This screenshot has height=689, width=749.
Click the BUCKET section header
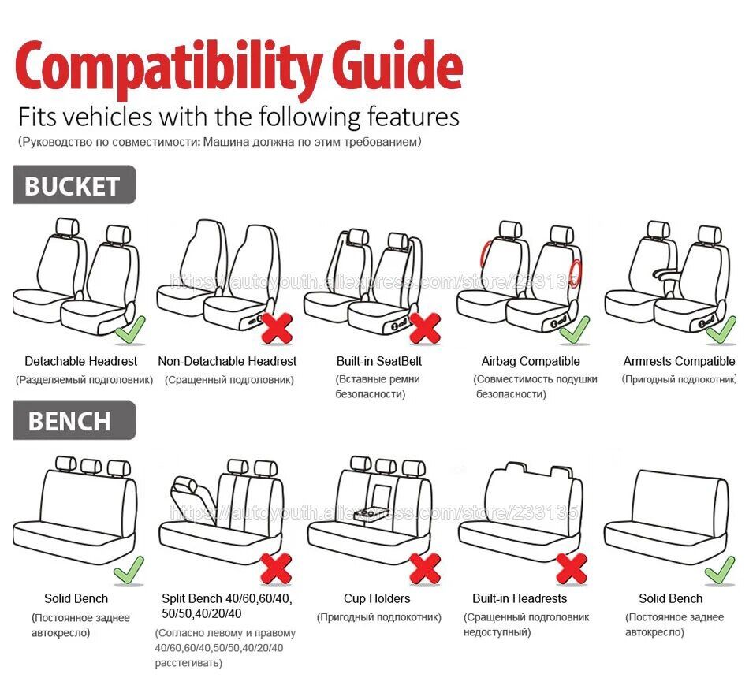coord(73,185)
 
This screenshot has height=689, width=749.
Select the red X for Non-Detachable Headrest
coord(277,328)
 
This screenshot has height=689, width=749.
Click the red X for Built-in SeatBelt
coord(425,328)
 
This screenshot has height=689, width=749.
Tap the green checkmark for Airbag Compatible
coord(575,329)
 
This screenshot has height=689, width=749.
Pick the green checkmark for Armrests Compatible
coord(721,329)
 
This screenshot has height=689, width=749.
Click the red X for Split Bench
coord(277,568)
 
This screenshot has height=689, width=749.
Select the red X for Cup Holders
coord(425,568)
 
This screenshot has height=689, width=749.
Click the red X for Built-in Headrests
coord(572,568)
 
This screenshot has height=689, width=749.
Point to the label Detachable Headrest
coord(80,361)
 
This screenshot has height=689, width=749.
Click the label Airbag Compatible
coord(531,361)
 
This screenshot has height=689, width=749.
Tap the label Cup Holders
coord(377,598)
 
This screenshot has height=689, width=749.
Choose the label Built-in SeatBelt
coord(379,361)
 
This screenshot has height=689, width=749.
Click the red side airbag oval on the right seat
coord(576,272)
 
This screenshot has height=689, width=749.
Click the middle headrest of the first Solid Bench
coord(88,465)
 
